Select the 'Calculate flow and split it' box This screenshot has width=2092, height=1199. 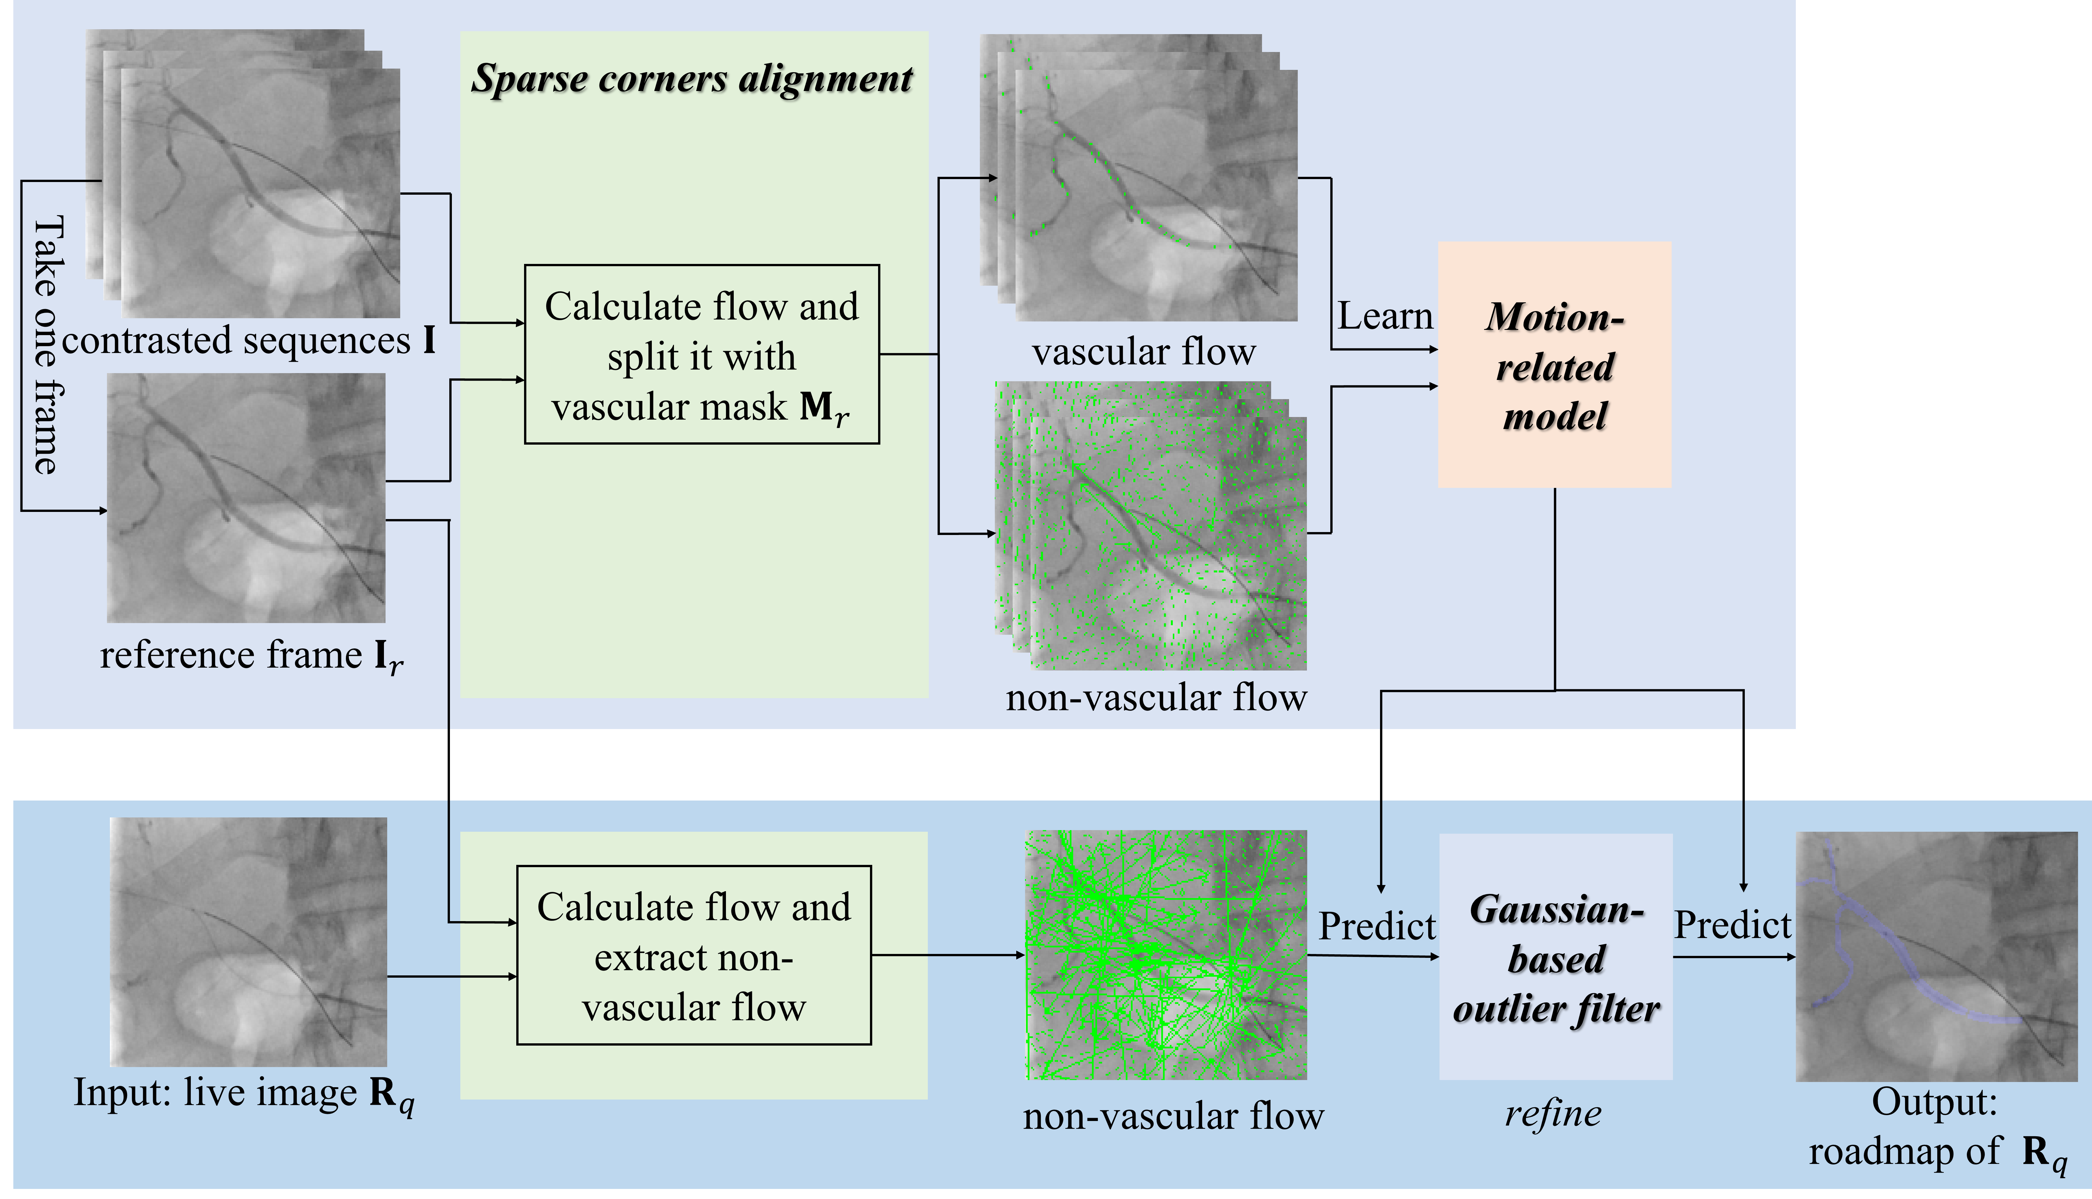click(x=702, y=354)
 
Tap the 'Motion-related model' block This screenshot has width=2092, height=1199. click(x=1554, y=364)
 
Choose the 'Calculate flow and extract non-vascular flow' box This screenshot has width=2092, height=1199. click(x=693, y=955)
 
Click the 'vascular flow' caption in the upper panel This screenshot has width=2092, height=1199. click(x=1144, y=352)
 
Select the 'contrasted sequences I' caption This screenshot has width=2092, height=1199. click(x=249, y=340)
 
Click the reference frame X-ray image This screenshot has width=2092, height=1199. click(x=246, y=497)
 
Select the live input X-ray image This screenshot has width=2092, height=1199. click(x=249, y=941)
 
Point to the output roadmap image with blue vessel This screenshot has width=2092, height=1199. click(x=1936, y=956)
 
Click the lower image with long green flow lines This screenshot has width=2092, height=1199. click(x=1165, y=955)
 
